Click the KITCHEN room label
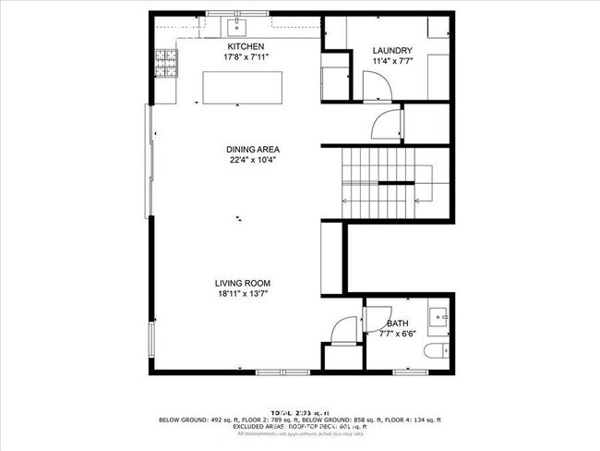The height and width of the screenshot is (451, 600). (x=246, y=46)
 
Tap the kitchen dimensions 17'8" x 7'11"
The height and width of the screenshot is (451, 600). (x=246, y=57)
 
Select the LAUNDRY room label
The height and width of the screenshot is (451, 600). (x=391, y=51)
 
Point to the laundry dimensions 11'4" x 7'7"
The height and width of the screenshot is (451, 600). (x=391, y=62)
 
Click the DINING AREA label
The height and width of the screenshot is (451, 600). (x=253, y=149)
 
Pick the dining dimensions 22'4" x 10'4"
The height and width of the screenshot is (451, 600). (x=253, y=160)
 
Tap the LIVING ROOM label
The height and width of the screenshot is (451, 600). (x=243, y=284)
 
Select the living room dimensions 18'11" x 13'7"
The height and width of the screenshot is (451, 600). (x=243, y=295)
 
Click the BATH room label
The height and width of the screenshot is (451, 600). (x=398, y=323)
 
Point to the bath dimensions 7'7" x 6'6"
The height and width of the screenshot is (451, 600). (x=398, y=334)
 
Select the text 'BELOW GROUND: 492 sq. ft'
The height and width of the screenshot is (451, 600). (x=197, y=420)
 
